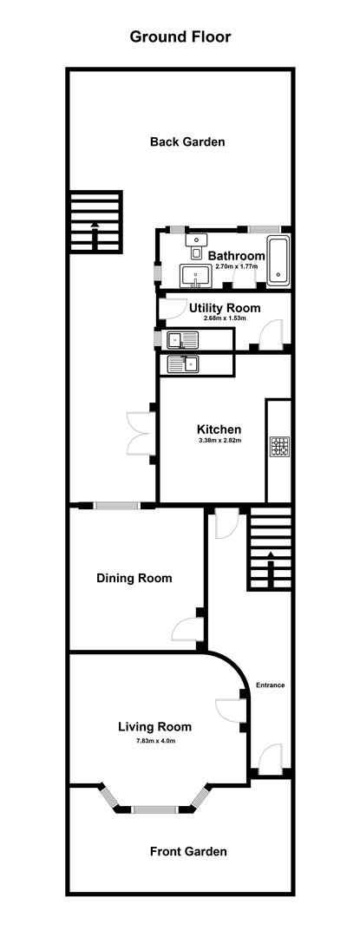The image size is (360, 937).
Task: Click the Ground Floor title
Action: pos(180,36)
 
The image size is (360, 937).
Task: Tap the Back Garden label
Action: pos(187,141)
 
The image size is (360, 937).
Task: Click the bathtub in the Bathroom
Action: pos(278,260)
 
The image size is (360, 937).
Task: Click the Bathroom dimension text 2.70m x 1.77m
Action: pos(236,267)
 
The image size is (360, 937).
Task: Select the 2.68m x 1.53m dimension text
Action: pos(225,318)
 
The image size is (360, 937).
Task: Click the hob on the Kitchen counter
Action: pos(278,446)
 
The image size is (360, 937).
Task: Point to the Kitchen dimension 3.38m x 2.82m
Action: pos(219,441)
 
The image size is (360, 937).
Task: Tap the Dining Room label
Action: pos(134,578)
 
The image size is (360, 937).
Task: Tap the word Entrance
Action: pos(270,685)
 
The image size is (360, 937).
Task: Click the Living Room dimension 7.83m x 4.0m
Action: pos(154,740)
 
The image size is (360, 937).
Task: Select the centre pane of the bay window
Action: pos(154,809)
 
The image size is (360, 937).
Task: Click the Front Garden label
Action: pos(187,851)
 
